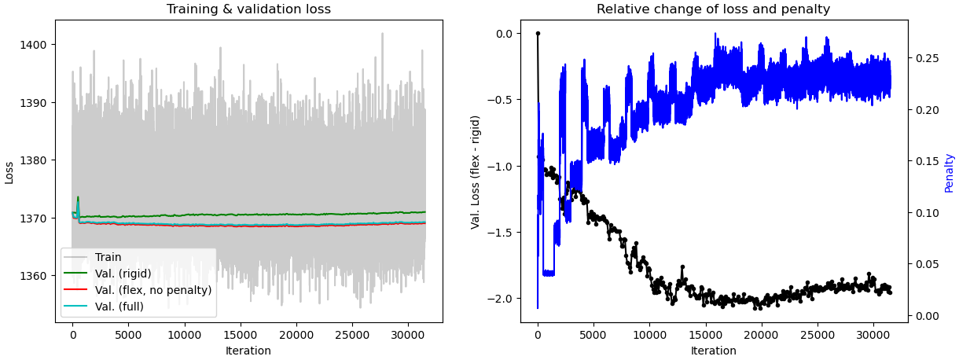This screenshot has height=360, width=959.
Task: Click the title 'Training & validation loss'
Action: coord(248,9)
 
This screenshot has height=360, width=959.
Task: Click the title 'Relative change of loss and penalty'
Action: coord(713,9)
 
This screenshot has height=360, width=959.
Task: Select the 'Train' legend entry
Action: coord(108,257)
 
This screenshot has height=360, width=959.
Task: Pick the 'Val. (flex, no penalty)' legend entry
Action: coord(153,290)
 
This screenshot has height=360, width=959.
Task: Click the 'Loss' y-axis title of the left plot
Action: coord(9,171)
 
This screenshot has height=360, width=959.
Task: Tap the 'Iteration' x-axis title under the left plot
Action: coord(248,351)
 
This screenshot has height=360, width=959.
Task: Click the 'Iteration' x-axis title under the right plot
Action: coord(713,351)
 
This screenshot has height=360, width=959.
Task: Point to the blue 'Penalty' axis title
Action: coord(949,172)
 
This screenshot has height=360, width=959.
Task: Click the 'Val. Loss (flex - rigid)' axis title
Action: coord(476,172)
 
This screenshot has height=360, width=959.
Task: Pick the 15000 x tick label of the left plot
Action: coord(240,334)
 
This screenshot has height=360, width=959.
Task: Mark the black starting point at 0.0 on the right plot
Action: coord(538,33)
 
